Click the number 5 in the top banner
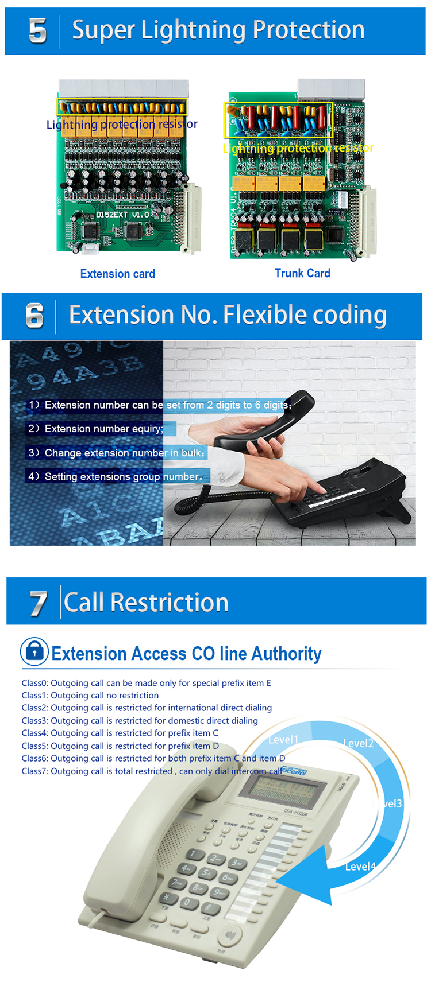[x=37, y=31]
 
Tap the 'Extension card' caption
[x=118, y=274]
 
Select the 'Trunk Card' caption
[x=302, y=273]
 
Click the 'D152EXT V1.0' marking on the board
[x=122, y=215]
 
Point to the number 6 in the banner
[x=34, y=316]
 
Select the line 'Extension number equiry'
[x=97, y=429]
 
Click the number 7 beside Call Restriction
[x=38, y=604]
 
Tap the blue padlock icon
[x=34, y=651]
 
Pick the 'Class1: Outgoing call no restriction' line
[x=90, y=696]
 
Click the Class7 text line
[x=153, y=771]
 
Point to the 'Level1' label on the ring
[x=283, y=740]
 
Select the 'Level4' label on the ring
[x=360, y=866]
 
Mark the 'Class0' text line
[x=146, y=683]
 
